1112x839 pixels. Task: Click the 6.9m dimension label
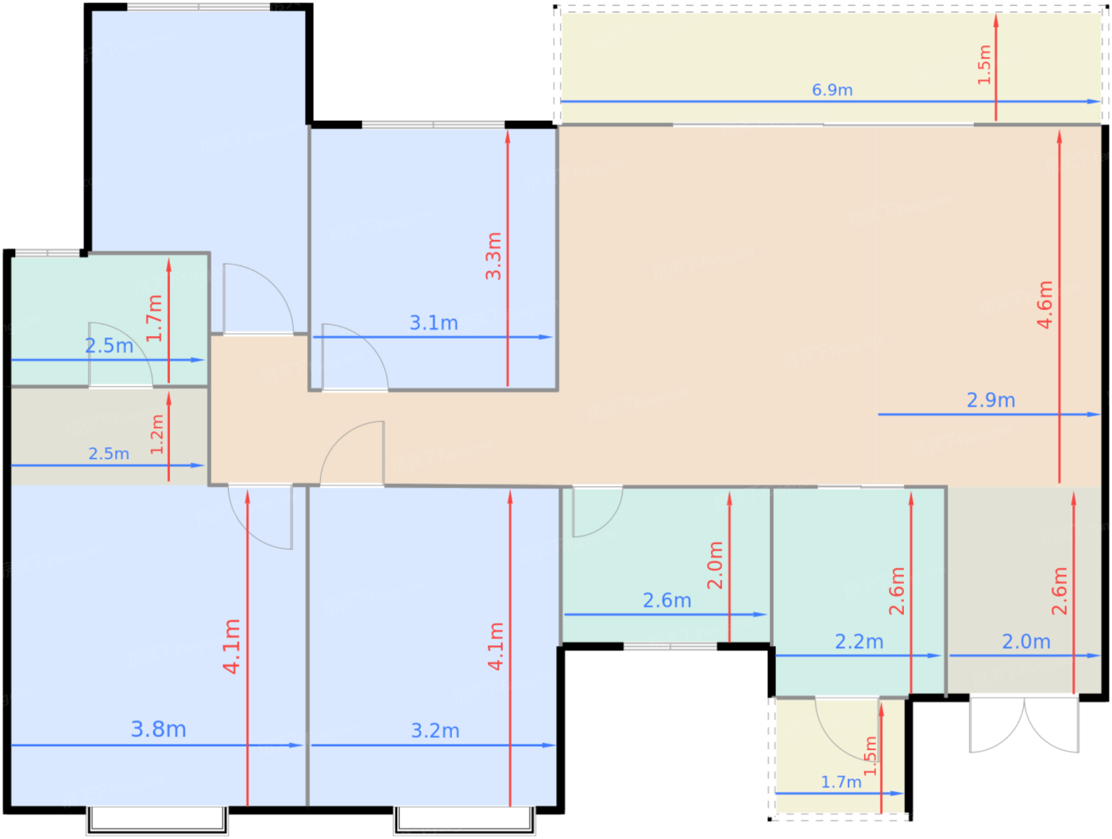click(832, 91)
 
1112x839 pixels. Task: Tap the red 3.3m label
click(493, 256)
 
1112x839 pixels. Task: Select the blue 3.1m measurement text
click(434, 323)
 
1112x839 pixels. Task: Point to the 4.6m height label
click(1044, 304)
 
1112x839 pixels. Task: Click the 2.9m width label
click(991, 400)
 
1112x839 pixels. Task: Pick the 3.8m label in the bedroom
click(159, 729)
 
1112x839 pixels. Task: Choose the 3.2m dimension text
click(435, 731)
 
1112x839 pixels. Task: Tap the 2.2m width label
click(859, 642)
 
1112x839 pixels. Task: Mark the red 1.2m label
click(157, 434)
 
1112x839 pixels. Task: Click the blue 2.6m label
click(667, 601)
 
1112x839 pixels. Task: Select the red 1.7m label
click(154, 318)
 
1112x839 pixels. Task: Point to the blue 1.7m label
click(841, 783)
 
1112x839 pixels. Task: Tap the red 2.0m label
click(715, 566)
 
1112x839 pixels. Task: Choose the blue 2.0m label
click(1026, 642)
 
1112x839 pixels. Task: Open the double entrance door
click(1024, 725)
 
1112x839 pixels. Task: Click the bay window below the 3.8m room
click(157, 820)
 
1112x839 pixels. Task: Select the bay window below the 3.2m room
click(465, 820)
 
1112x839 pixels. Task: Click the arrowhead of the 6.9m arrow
click(1095, 102)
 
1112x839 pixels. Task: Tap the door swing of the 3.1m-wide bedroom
click(355, 357)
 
